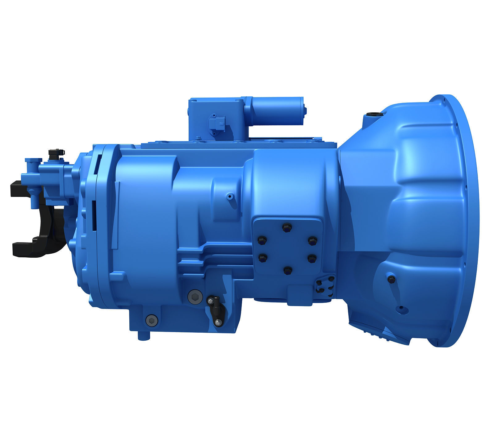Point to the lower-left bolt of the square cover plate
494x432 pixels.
[x=262, y=257]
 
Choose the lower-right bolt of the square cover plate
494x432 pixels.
[x=311, y=257]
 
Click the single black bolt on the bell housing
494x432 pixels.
[x=391, y=279]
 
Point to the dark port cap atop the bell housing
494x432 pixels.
[x=372, y=115]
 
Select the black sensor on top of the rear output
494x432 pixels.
[x=56, y=153]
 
